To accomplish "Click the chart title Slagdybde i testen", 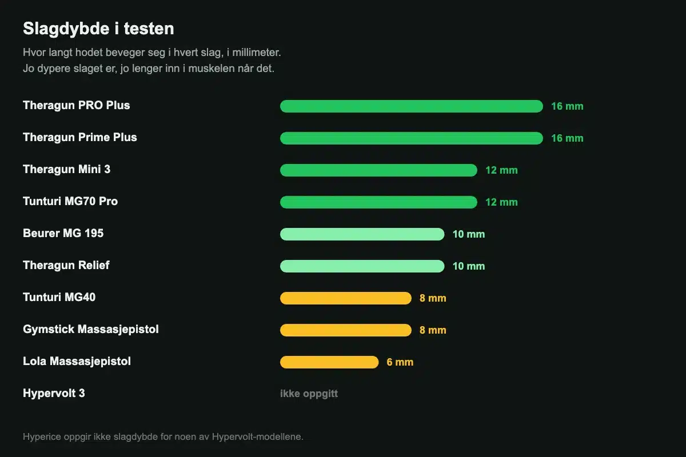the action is [x=98, y=29].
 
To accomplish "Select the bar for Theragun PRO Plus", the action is [x=411, y=106].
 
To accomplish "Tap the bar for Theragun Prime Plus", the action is [x=411, y=138].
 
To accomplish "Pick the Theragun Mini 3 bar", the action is [x=378, y=170].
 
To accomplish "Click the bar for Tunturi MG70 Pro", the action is [x=378, y=202].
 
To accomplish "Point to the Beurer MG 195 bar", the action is [x=362, y=234].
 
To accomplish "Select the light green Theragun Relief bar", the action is [x=362, y=266].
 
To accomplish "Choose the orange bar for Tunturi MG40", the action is [x=346, y=298].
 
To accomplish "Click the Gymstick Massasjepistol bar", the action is [x=346, y=330].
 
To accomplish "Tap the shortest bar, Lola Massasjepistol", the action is [x=329, y=362].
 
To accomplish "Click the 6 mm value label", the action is [x=400, y=362].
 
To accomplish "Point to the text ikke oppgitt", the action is [x=309, y=394].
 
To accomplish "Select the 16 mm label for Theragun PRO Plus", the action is [x=567, y=106].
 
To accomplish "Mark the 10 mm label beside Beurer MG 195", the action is [x=469, y=234].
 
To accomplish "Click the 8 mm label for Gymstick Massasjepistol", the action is [x=433, y=330].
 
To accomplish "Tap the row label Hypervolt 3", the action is [x=54, y=394].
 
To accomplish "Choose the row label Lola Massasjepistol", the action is [x=77, y=362].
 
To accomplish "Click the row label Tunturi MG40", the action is [x=59, y=297].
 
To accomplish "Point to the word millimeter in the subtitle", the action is [x=256, y=53].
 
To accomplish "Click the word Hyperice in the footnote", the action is [x=42, y=437].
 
